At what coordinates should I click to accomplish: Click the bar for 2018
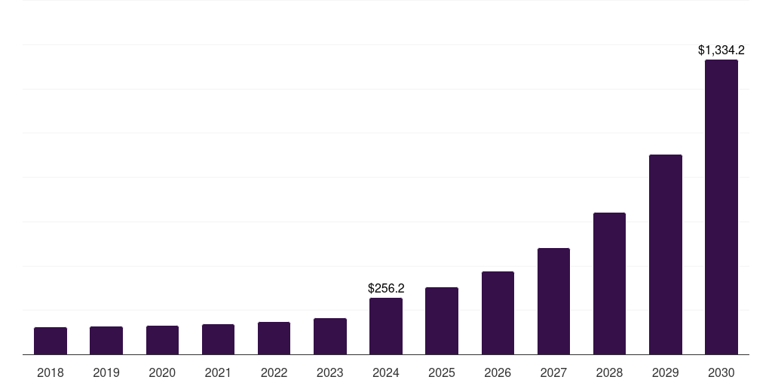point(51,341)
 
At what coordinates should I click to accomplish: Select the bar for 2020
point(162,340)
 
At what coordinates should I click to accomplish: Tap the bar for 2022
point(274,339)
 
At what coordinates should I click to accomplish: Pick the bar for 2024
point(385,326)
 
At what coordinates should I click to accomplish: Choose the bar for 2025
point(442,321)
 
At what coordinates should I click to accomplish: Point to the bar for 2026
point(498,313)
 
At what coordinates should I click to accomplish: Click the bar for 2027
point(553,302)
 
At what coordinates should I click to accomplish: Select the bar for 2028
point(609,283)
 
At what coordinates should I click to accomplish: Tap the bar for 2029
point(665,255)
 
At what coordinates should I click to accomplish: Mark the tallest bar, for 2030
point(721,207)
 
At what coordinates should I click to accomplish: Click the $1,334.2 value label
point(721,51)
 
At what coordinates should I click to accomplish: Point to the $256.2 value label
point(386,288)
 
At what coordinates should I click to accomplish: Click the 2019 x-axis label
point(106,372)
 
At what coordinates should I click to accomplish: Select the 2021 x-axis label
point(218,372)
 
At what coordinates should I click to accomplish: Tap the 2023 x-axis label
point(329,372)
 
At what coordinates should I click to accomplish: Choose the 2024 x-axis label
point(385,372)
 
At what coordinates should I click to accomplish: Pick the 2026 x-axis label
point(498,372)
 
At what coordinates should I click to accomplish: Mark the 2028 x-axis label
point(609,372)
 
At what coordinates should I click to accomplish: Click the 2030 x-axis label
point(721,372)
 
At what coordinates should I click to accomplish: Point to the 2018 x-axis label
point(51,372)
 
